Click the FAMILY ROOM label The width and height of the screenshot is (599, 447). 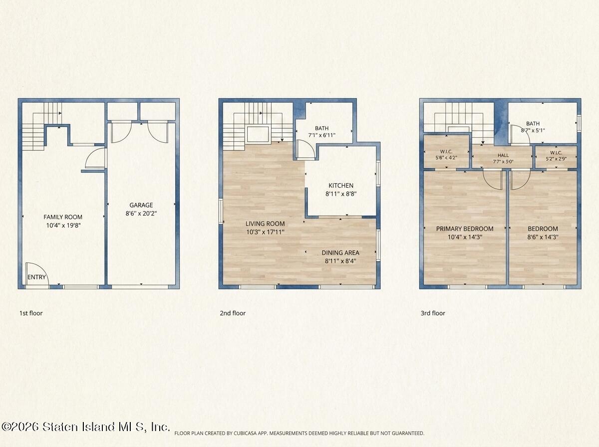(x=63, y=217)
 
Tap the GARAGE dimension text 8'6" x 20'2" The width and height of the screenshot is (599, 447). (x=141, y=213)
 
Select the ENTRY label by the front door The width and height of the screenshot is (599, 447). (x=36, y=277)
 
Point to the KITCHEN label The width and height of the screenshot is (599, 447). (x=341, y=186)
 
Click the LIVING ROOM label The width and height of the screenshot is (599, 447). (x=265, y=223)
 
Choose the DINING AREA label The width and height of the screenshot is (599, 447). (x=340, y=252)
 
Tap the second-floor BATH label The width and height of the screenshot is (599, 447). (x=322, y=128)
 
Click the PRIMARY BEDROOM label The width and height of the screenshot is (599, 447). (x=464, y=228)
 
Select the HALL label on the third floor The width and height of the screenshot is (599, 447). (x=503, y=155)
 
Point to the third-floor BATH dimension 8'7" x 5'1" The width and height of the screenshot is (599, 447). (x=533, y=130)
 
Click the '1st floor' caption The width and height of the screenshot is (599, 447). (x=31, y=313)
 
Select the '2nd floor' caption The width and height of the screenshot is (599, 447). (x=233, y=313)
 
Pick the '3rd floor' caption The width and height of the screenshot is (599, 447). (x=433, y=313)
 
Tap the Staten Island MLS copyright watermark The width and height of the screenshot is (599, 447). (x=85, y=427)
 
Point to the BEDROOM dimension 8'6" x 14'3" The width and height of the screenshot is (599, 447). (x=543, y=237)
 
